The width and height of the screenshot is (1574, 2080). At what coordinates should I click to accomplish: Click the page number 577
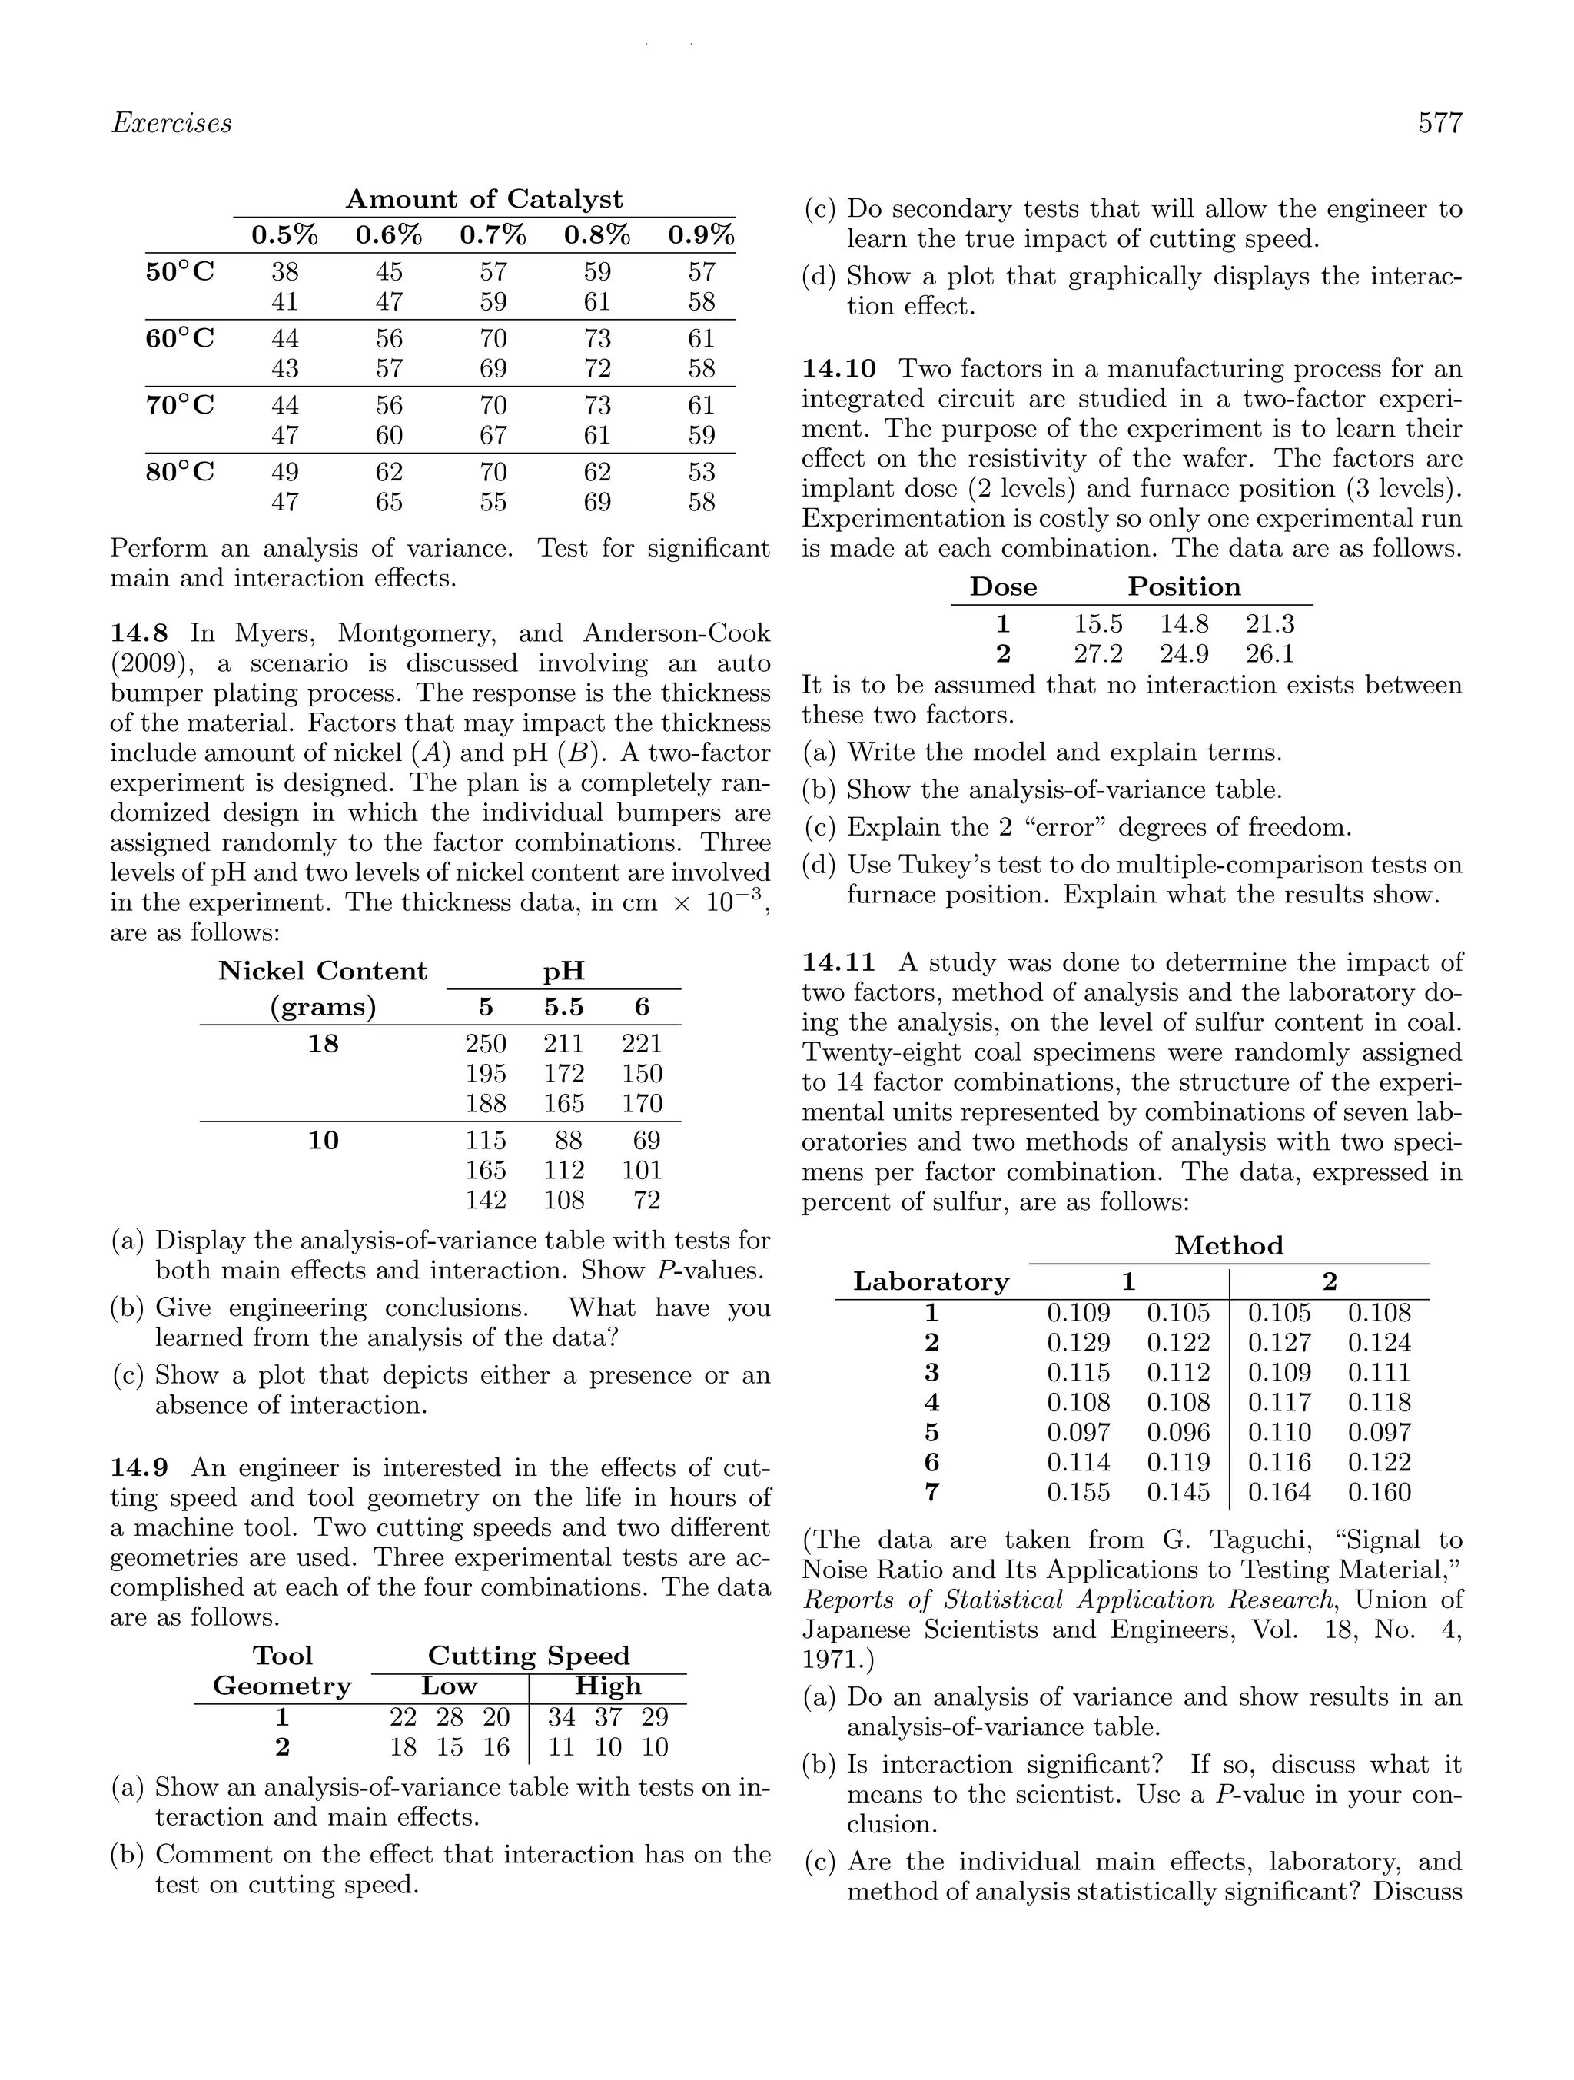click(1440, 124)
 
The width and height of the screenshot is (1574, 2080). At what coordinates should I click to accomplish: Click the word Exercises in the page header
click(171, 124)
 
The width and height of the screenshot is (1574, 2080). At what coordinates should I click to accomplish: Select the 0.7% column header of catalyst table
click(493, 235)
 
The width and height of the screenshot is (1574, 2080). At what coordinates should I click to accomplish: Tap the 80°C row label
click(181, 472)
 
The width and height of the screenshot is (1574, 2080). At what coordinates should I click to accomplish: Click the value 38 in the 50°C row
click(285, 273)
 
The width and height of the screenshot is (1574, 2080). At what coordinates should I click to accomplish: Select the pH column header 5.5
click(563, 1007)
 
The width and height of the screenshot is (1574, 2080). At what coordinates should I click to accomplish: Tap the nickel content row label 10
click(323, 1141)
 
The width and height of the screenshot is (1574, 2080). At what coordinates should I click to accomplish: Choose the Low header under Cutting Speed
click(449, 1686)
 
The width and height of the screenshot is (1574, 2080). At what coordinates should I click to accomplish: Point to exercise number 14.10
click(838, 369)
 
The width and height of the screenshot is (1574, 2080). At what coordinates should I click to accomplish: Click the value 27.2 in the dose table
click(1098, 654)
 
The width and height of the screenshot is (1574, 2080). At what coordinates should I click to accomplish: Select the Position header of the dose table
click(1184, 588)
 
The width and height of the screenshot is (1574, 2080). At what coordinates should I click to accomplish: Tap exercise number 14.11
click(838, 963)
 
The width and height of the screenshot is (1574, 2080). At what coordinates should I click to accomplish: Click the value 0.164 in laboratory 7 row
click(1279, 1494)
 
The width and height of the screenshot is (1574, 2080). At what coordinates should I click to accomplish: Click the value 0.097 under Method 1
click(1078, 1433)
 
